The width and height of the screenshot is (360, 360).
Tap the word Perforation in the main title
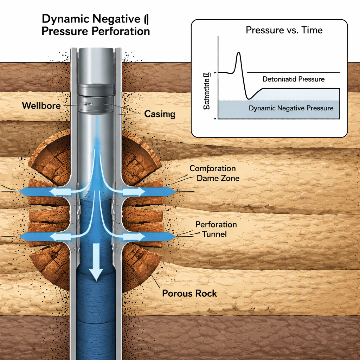coord(121,31)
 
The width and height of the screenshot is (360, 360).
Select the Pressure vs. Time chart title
coord(284,30)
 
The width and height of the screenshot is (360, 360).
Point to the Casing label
coord(160,114)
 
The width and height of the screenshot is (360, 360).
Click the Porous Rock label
coord(189,293)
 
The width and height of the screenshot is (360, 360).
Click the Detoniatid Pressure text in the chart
coord(293,79)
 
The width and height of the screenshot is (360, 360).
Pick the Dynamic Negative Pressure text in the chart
coord(291,108)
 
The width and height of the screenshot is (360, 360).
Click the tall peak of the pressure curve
coord(239,53)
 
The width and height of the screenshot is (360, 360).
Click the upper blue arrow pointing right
coord(155,192)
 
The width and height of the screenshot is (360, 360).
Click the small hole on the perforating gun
coord(91,104)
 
